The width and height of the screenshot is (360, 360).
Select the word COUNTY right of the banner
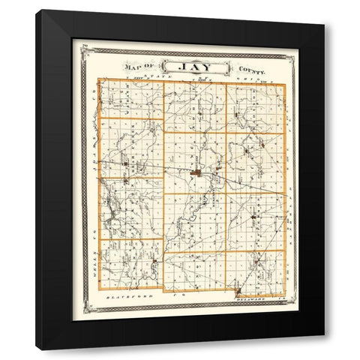pos(251,69)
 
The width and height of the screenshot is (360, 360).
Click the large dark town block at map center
pos(196,175)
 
